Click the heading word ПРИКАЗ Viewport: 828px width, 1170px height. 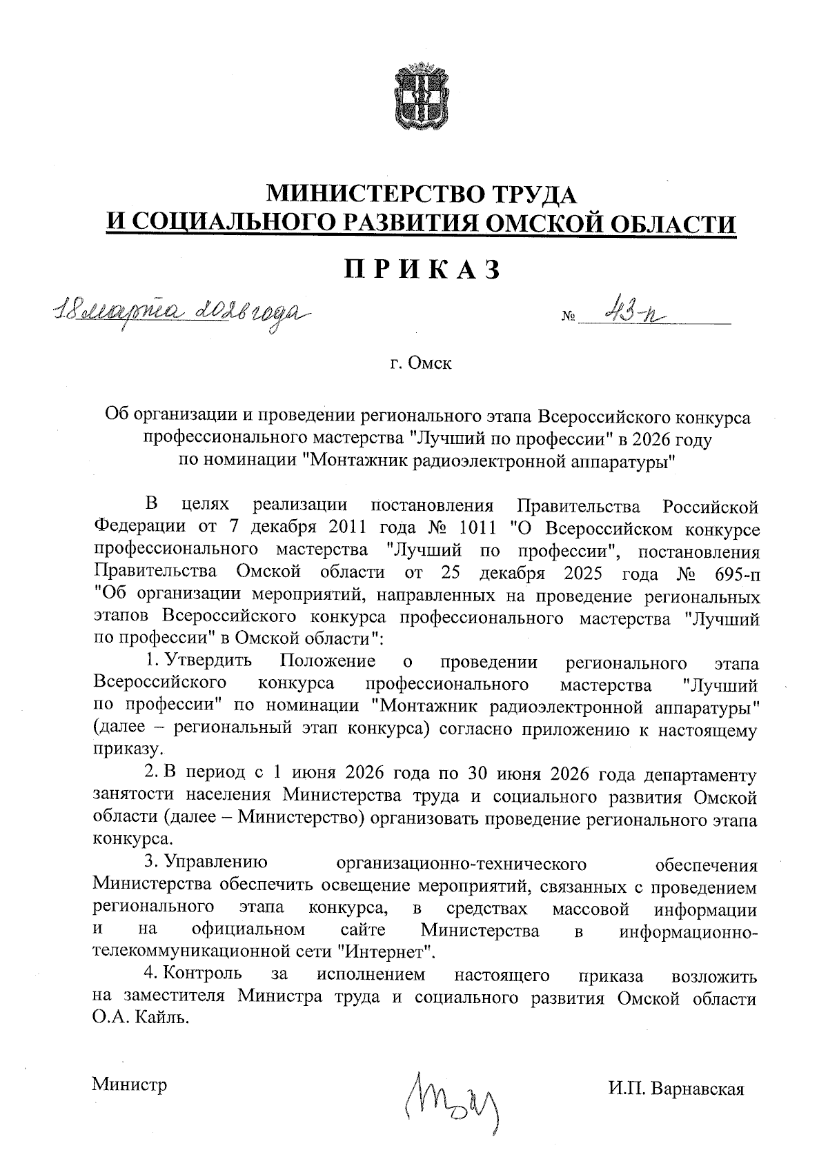tap(422, 270)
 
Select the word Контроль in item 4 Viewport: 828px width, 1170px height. tap(204, 975)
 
